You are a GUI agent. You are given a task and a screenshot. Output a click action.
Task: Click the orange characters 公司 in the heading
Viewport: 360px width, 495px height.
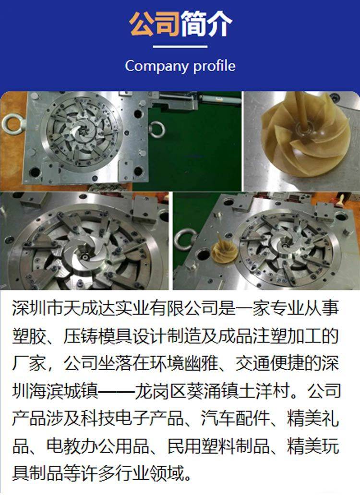tap(154, 24)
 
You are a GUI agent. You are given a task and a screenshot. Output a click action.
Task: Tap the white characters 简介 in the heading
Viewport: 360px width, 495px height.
tap(206, 24)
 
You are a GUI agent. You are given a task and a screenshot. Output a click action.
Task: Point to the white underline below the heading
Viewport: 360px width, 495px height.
tap(180, 47)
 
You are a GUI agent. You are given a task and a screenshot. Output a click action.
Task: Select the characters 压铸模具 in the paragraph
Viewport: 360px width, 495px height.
tap(98, 336)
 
